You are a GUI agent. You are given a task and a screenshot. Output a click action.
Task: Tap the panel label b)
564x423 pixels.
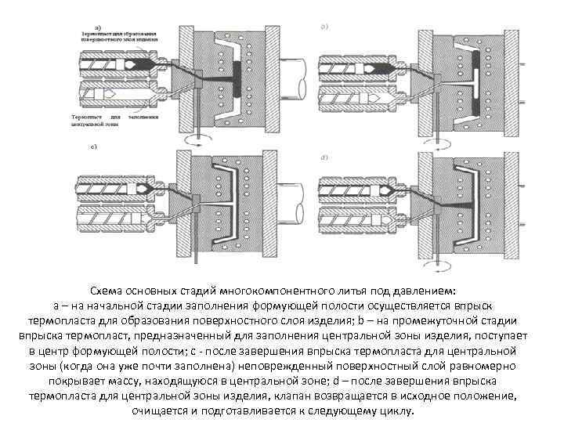322,26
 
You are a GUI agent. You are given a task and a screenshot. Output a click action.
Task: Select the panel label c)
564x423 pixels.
94,147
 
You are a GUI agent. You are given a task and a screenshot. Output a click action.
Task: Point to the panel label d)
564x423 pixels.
322,158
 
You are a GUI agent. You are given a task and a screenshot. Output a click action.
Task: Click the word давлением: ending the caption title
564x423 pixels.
432,288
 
